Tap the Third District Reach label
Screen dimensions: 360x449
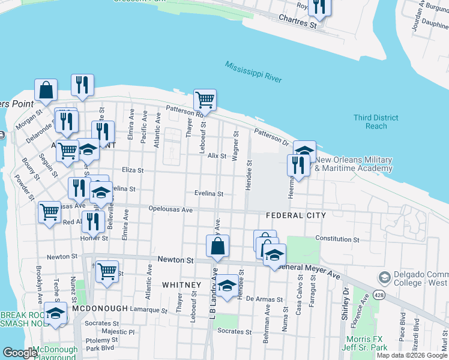[376, 122]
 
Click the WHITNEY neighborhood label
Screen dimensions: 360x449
[181, 284]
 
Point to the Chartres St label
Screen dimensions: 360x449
[297, 22]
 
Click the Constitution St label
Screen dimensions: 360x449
[337, 239]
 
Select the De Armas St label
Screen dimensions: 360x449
[264, 299]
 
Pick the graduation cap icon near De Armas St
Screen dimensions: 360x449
[227, 286]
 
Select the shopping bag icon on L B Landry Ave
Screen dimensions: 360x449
[217, 245]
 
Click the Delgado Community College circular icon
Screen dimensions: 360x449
[384, 278]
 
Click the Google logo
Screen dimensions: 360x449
[20, 353]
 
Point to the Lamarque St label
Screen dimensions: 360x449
[149, 310]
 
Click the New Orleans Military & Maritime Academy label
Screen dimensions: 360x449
[354, 164]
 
